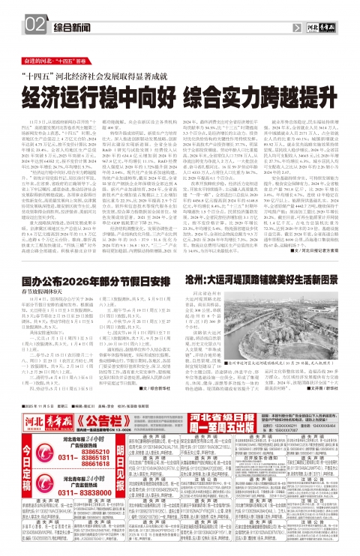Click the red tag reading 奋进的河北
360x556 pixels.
pyautogui.click(x=44, y=58)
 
